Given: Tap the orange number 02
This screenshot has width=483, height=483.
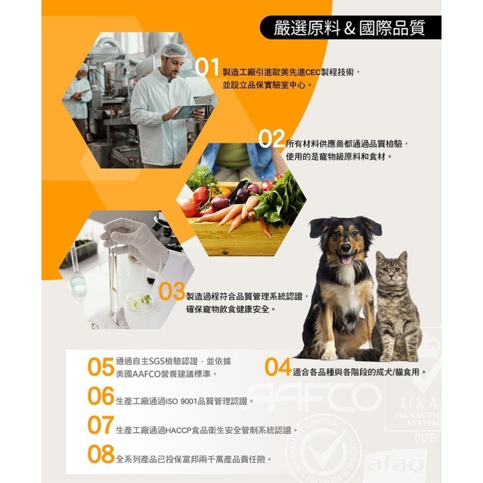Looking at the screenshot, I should point(271,141).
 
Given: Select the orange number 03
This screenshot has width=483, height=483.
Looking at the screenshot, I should point(171,292).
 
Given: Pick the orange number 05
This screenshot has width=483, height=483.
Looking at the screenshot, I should point(100,368).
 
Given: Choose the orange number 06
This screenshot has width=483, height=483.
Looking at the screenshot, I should point(100,396).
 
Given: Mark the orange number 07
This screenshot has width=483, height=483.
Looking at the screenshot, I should point(100,425).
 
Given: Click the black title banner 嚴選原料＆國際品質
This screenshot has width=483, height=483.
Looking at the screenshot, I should point(350,28).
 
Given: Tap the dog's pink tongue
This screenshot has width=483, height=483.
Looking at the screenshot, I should point(346,259).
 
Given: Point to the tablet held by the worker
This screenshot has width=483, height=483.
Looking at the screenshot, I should point(189,112).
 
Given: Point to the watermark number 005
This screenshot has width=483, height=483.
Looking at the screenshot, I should point(425,438).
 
